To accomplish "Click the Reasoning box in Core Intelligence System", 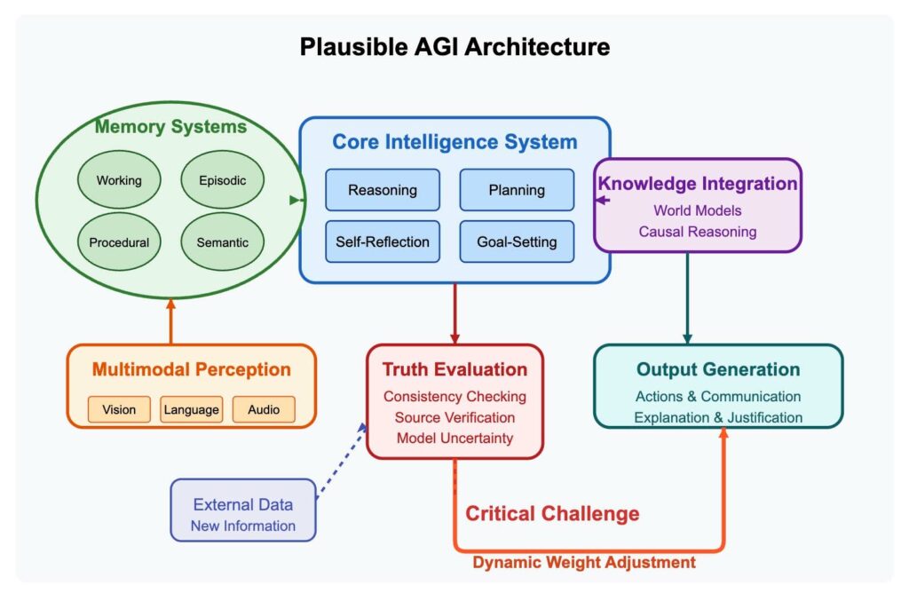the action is pyautogui.click(x=383, y=190).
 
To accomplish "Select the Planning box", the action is pyautogui.click(x=517, y=190).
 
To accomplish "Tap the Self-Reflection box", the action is pyautogui.click(x=383, y=241).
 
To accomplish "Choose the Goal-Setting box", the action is pyautogui.click(x=517, y=241).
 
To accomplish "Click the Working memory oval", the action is pyautogui.click(x=119, y=179).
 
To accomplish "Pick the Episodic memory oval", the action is pyautogui.click(x=223, y=179).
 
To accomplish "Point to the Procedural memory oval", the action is pyautogui.click(x=119, y=241).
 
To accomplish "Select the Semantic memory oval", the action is pyautogui.click(x=223, y=241).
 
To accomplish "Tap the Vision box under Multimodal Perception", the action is pyautogui.click(x=119, y=409).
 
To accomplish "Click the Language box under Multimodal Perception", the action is pyautogui.click(x=192, y=409).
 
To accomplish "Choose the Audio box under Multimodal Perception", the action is pyautogui.click(x=264, y=409).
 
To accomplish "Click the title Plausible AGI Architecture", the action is pyautogui.click(x=454, y=47).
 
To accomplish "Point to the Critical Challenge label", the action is pyautogui.click(x=552, y=513).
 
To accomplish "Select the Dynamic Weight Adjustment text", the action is pyautogui.click(x=584, y=562).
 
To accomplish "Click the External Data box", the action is pyautogui.click(x=243, y=510).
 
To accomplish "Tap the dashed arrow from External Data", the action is pyautogui.click(x=342, y=461).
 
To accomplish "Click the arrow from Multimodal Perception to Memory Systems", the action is pyautogui.click(x=170, y=321).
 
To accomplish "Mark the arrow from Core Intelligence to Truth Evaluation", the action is pyautogui.click(x=454, y=313).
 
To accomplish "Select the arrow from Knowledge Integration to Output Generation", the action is pyautogui.click(x=687, y=298).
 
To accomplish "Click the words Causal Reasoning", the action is pyautogui.click(x=698, y=232).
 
